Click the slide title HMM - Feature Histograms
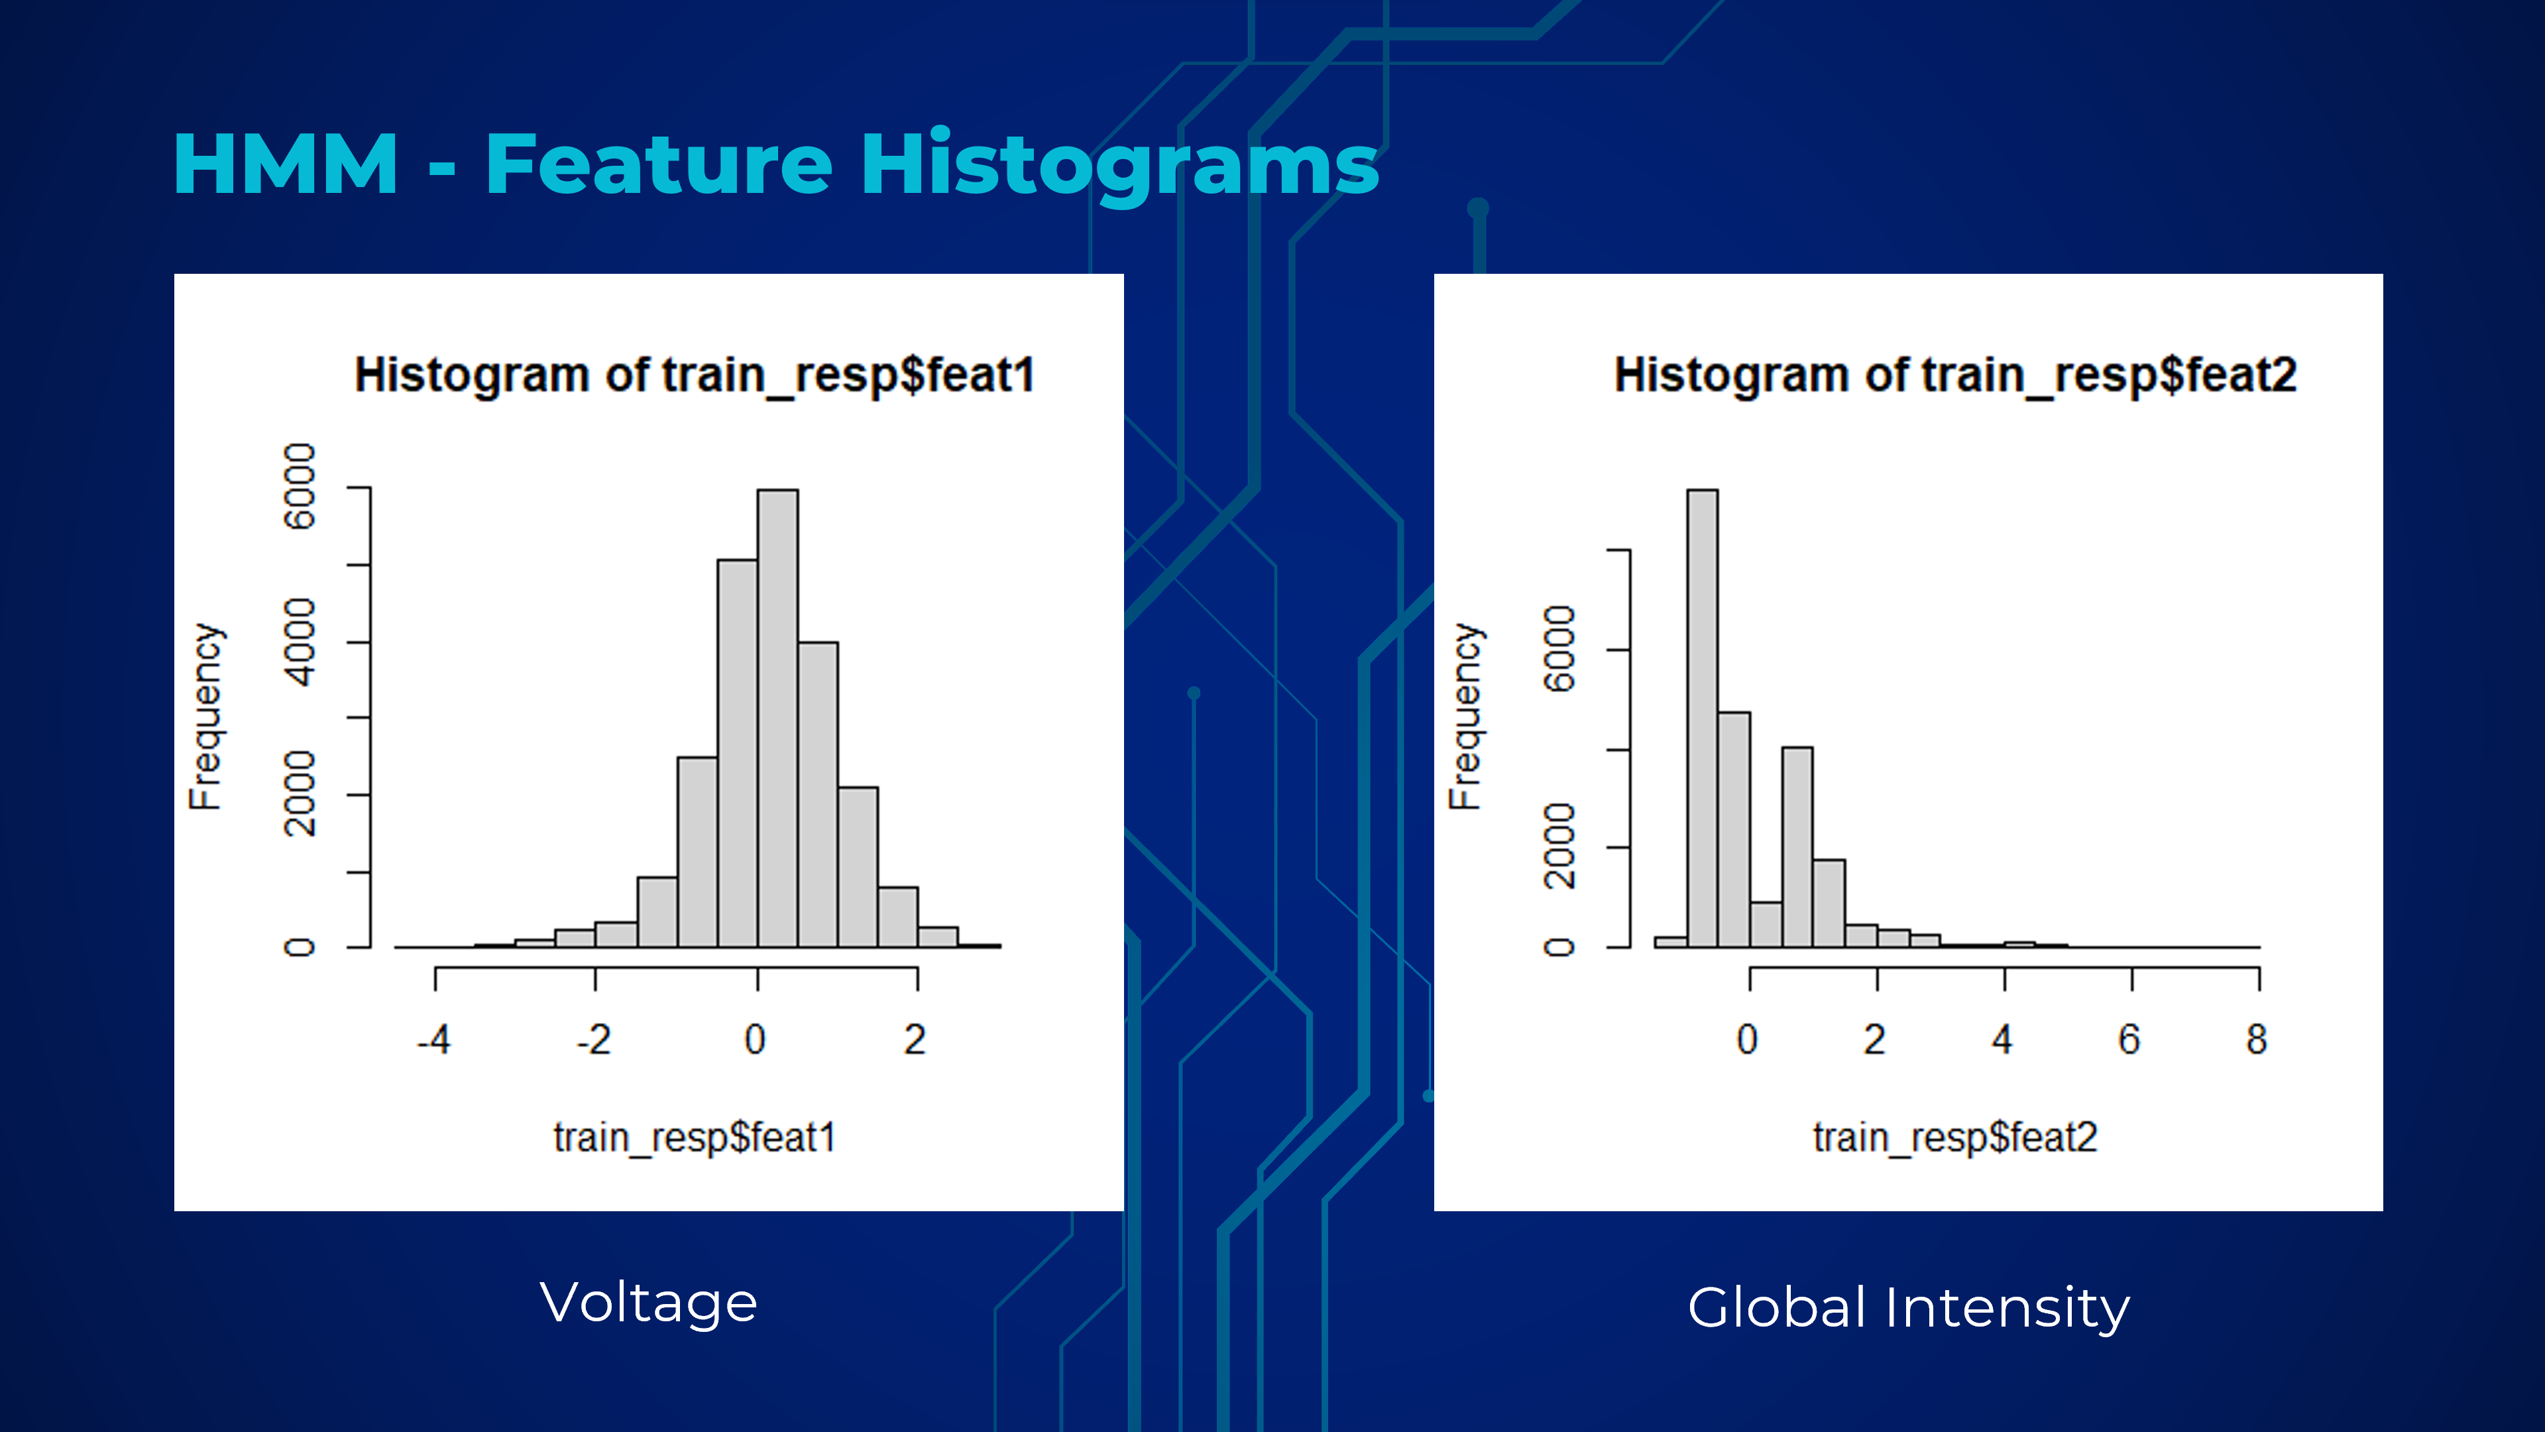point(775,165)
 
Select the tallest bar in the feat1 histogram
point(777,719)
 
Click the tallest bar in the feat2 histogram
point(1702,719)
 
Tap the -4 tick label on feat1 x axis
point(433,1040)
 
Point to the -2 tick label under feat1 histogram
point(594,1040)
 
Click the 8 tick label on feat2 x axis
point(2257,1040)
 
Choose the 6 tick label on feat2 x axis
point(2129,1040)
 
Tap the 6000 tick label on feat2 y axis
point(1559,649)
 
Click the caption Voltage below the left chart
point(649,1303)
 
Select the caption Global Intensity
point(1909,1309)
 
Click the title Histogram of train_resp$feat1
point(695,375)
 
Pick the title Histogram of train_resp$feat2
point(1955,375)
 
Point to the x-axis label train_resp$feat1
point(695,1138)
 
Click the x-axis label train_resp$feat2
point(1955,1138)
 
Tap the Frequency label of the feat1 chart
point(205,717)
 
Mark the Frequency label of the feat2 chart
point(1465,717)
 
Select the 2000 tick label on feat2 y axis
point(1559,847)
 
